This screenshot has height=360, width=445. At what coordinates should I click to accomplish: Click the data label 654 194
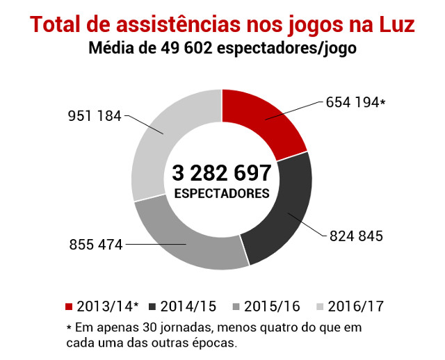pyautogui.click(x=353, y=103)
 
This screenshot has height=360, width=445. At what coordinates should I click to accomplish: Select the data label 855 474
pyautogui.click(x=95, y=245)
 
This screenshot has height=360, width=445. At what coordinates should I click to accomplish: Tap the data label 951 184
pyautogui.click(x=94, y=115)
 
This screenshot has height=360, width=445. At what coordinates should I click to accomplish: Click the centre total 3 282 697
pyautogui.click(x=221, y=172)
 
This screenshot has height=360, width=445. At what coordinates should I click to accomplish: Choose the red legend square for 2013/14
pyautogui.click(x=69, y=306)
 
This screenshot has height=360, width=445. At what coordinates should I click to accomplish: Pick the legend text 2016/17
pyautogui.click(x=355, y=306)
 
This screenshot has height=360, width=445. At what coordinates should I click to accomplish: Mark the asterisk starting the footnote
pyautogui.click(x=69, y=327)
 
